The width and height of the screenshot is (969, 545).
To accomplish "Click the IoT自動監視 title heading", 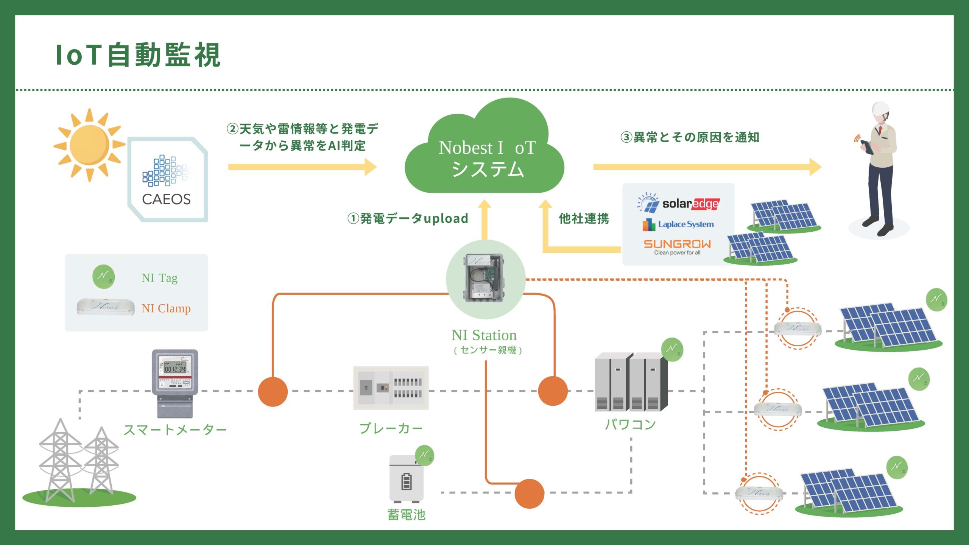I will point(138,55).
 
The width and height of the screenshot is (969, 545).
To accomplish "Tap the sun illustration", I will point(89,145).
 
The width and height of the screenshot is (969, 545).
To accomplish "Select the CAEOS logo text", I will point(166,199).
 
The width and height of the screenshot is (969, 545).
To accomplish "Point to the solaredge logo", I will point(678,203).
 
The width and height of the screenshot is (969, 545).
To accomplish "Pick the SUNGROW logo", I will point(677,244).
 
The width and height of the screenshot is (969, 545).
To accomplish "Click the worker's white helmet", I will point(880,109).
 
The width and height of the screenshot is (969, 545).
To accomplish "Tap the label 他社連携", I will point(584,218).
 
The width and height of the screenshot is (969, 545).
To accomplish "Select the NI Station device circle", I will point(485,279).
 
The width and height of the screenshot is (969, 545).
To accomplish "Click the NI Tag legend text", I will point(159,278).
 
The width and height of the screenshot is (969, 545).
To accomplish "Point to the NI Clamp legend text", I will point(166,308).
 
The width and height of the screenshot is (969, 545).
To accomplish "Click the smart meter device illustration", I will point(175,382).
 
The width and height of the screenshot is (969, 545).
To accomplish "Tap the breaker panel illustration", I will point(391,388).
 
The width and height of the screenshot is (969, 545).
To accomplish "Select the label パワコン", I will point(630,424).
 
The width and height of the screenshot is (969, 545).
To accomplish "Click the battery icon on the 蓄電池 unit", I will point(406,482).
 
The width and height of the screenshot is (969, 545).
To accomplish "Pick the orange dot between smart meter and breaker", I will point(273,391).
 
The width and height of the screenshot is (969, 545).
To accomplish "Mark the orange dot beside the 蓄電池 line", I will point(529,494).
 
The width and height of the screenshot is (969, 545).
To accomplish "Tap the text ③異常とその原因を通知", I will point(690,137).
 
